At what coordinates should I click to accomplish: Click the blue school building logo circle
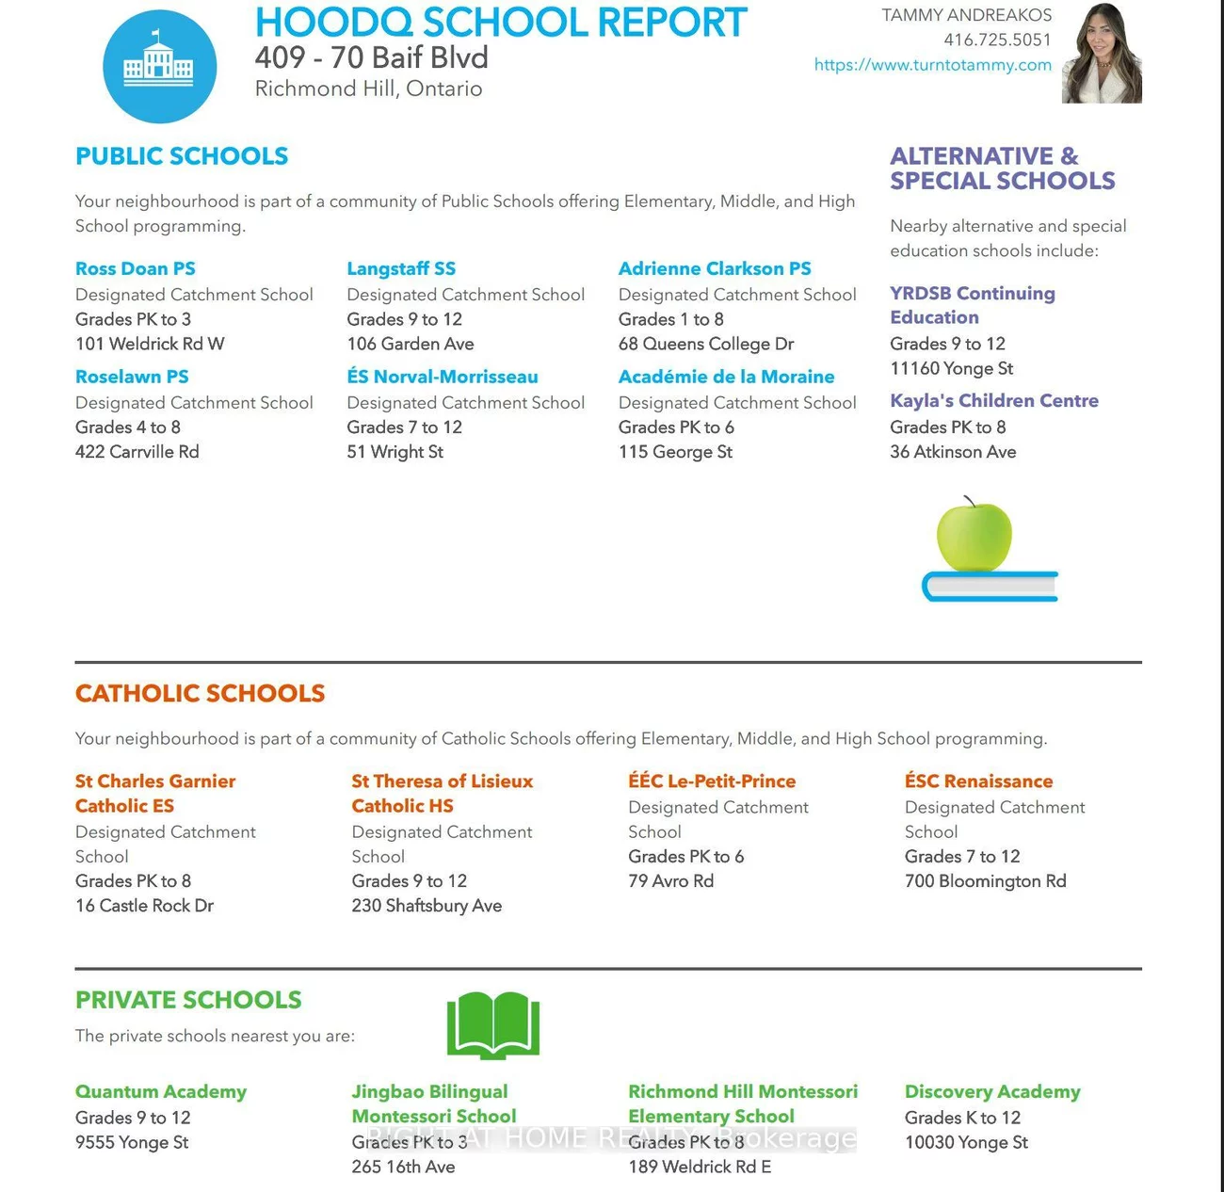point(159,67)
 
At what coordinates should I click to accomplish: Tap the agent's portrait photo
point(1102,53)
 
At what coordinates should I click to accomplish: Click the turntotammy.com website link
point(932,65)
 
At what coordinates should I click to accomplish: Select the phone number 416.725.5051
point(997,40)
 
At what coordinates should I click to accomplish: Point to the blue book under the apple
point(989,587)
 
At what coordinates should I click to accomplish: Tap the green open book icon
point(492,1025)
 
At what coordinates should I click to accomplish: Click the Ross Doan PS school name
point(136,268)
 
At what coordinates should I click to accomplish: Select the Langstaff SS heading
point(401,268)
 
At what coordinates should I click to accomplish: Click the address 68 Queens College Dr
point(705,344)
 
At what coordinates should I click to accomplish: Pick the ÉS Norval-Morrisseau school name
point(443,377)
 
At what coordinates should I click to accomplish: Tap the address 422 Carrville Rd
point(137,452)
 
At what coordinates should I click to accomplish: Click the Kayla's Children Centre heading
point(993,400)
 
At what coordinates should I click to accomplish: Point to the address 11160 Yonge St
point(951,368)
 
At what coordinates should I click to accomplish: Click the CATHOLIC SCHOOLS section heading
point(200,693)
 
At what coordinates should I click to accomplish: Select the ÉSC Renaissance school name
point(978,781)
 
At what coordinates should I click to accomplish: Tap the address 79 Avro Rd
point(670,881)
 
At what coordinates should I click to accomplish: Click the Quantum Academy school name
point(161,1091)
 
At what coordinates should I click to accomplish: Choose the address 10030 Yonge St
point(966,1142)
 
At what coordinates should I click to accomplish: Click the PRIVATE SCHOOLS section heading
point(188,1000)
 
